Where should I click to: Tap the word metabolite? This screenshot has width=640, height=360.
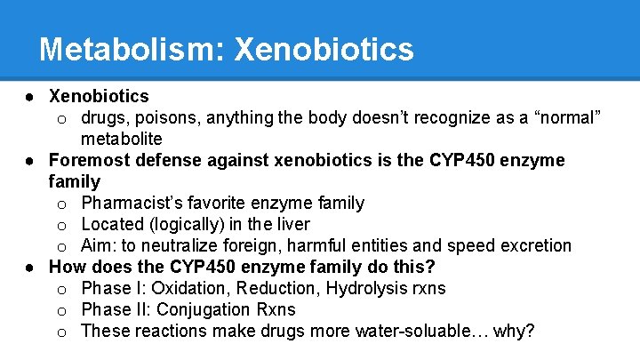122,139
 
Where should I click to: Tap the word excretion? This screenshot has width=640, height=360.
533,246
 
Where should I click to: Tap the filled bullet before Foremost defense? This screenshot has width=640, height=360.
30,161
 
